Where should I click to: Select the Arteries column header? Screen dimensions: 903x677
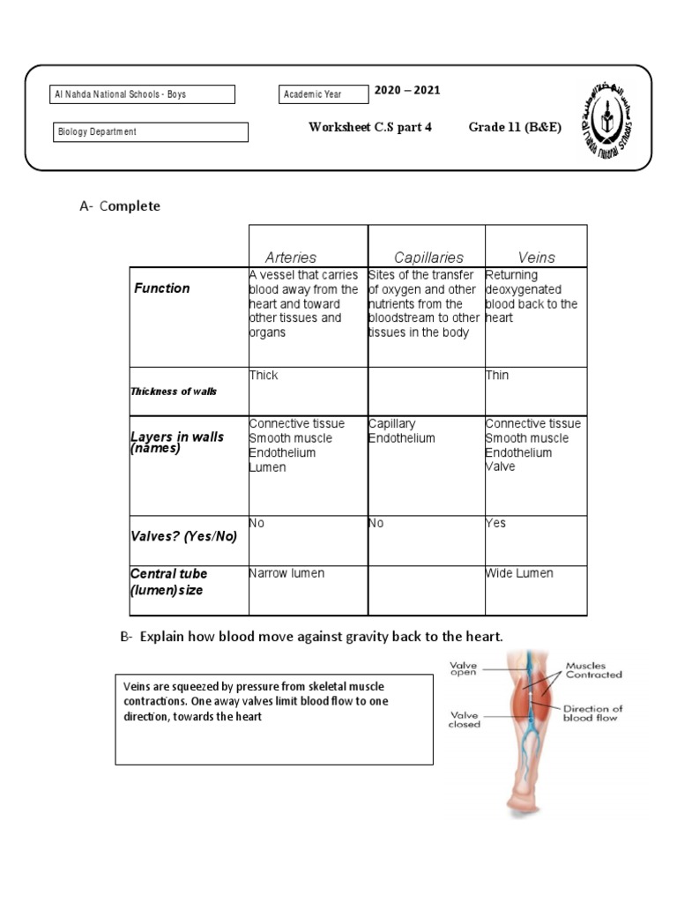pos(291,257)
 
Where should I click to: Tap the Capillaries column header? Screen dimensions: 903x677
pos(428,257)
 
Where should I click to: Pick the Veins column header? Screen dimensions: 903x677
pos(537,257)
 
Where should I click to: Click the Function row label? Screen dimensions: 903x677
pos(162,288)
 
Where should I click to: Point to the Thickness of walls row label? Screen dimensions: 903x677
pos(174,392)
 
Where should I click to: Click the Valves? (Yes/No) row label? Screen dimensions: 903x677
pos(184,536)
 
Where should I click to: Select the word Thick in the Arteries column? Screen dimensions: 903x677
pos(264,375)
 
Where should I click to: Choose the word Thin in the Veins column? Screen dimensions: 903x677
pos(497,375)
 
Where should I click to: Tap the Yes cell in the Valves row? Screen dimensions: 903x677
pos(496,523)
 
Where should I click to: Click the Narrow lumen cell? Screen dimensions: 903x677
pos(286,573)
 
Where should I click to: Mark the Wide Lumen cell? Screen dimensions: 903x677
pos(519,573)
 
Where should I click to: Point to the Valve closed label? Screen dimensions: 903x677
pos(465,720)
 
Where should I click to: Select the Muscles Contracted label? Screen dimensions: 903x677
pos(593,670)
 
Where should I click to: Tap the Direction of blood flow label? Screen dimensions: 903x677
pos(591,713)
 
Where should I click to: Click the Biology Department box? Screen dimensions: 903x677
pos(150,132)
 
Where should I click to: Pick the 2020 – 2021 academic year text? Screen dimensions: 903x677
pos(407,91)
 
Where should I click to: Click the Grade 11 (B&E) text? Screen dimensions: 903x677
pos(515,127)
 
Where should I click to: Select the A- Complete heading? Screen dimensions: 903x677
pos(120,206)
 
